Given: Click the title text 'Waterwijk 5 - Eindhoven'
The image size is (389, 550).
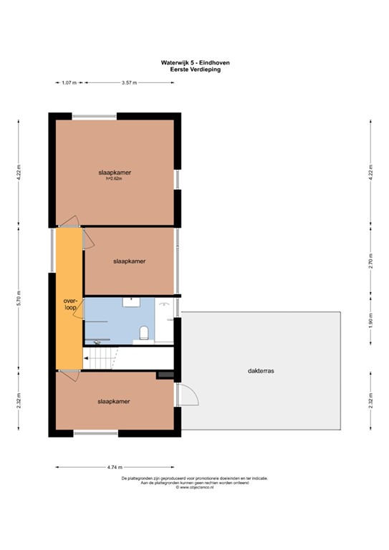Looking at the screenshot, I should click(x=195, y=63).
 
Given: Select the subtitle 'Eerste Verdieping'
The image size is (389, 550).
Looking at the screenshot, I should click(x=195, y=69).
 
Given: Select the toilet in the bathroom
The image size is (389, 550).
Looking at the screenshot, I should click(x=144, y=332).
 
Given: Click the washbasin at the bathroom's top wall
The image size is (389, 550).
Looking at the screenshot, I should click(x=131, y=302).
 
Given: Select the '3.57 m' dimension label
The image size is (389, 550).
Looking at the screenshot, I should click(x=130, y=83).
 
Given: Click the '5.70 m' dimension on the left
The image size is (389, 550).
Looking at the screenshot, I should click(x=19, y=297).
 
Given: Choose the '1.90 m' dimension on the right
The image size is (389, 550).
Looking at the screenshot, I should click(x=370, y=322).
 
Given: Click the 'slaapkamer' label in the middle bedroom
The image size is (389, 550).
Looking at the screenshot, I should click(x=129, y=261).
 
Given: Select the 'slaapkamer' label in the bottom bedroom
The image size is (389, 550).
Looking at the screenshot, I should click(x=114, y=402).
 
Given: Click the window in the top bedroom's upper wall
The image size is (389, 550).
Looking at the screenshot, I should click(x=95, y=116).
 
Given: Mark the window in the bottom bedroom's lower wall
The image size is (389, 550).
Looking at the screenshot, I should click(x=96, y=433).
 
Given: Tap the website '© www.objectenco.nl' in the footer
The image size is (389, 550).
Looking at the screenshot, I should click(x=195, y=488).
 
